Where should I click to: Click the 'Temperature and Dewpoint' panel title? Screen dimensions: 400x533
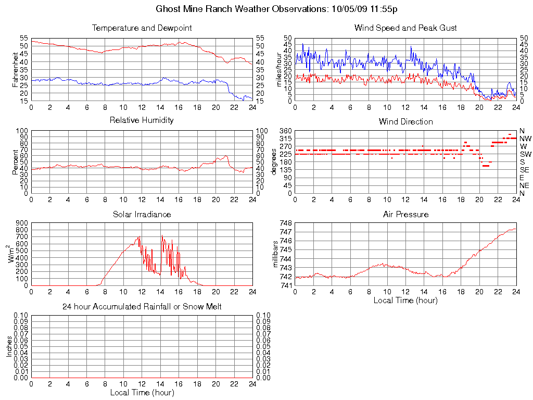click(x=142, y=28)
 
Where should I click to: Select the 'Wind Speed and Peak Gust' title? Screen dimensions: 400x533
click(x=405, y=28)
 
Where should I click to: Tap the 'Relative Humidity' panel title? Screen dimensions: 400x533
click(x=142, y=120)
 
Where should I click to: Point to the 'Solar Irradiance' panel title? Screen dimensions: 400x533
click(x=142, y=214)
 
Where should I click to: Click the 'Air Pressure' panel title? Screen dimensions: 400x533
click(x=405, y=214)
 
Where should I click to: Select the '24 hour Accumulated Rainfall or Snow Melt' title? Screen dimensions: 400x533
click(x=142, y=307)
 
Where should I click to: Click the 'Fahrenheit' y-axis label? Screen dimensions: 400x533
click(x=15, y=69)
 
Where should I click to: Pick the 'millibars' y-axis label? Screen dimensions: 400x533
click(x=276, y=254)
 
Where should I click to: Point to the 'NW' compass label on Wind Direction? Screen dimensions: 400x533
click(x=525, y=139)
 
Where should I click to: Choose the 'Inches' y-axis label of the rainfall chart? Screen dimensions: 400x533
click(x=9, y=346)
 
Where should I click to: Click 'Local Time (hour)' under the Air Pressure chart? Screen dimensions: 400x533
click(x=405, y=300)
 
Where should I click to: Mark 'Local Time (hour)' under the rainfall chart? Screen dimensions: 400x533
click(x=142, y=392)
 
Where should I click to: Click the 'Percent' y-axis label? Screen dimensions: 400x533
click(x=15, y=162)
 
